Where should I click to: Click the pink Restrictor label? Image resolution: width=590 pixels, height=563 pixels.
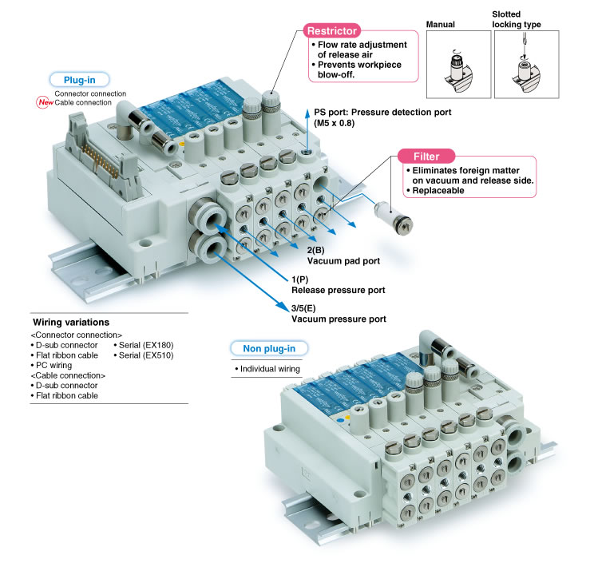click(330, 30)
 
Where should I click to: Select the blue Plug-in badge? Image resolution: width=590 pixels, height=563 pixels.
click(78, 80)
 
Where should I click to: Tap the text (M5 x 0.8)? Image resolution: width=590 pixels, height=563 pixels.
click(332, 124)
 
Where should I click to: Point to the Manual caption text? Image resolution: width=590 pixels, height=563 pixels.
click(440, 25)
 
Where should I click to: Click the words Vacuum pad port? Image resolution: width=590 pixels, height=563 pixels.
click(343, 260)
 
